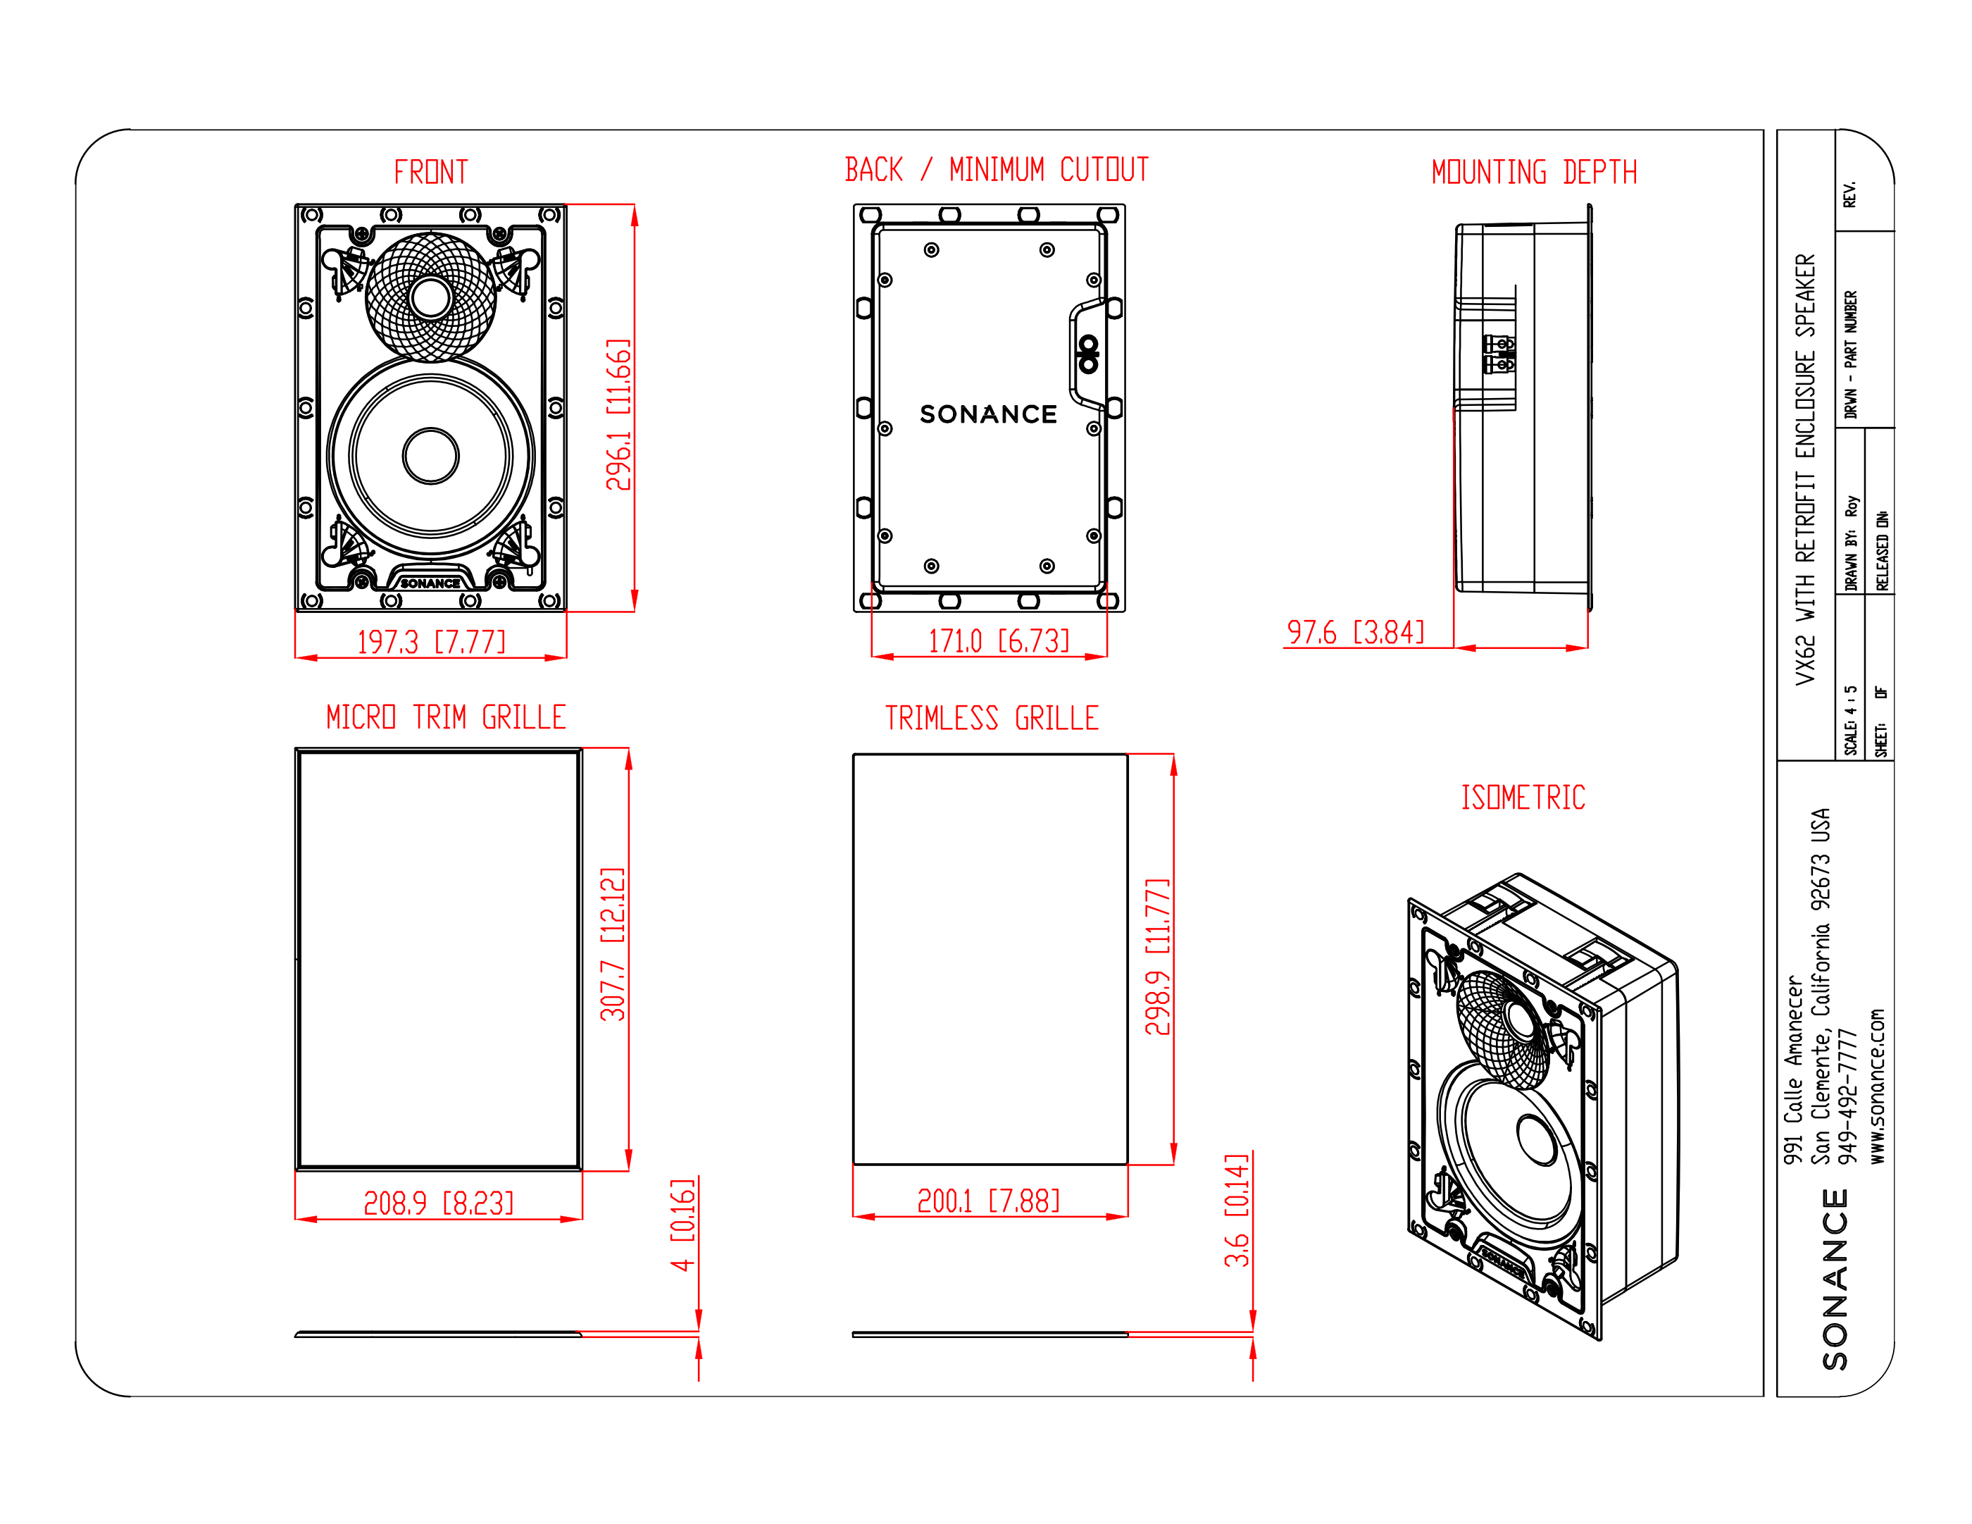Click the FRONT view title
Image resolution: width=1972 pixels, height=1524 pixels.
click(x=431, y=172)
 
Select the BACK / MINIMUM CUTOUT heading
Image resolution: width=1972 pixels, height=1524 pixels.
click(x=997, y=169)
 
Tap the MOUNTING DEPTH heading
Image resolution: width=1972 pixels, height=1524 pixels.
click(x=1534, y=172)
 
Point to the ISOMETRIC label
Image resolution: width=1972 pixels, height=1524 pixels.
click(x=1523, y=797)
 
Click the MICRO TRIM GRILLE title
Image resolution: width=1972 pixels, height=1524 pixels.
click(x=446, y=717)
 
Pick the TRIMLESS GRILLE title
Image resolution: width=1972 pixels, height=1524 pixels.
click(x=992, y=718)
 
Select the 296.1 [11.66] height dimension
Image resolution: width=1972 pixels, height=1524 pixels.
click(x=618, y=415)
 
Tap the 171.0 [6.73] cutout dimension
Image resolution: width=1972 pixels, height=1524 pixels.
click(x=999, y=640)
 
